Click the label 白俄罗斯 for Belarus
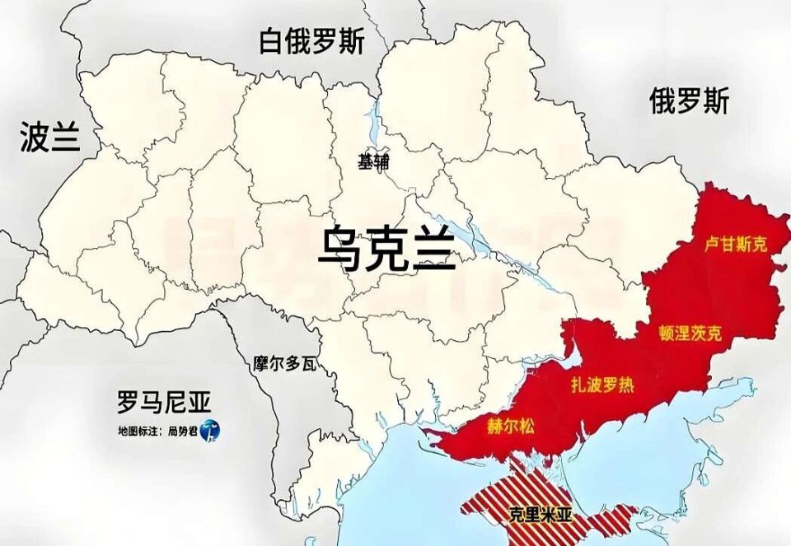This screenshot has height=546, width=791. click(311, 41)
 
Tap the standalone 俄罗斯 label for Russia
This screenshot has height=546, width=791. click(689, 103)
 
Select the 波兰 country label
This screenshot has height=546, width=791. click(50, 138)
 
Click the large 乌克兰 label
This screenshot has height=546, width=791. click(387, 248)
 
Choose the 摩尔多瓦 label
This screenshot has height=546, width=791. click(285, 362)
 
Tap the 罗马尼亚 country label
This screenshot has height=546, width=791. click(164, 403)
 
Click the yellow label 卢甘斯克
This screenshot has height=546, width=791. click(736, 245)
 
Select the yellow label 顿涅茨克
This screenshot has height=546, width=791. click(690, 334)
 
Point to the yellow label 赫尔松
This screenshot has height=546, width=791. click(511, 426)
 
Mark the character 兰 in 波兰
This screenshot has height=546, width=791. click(65, 138)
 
